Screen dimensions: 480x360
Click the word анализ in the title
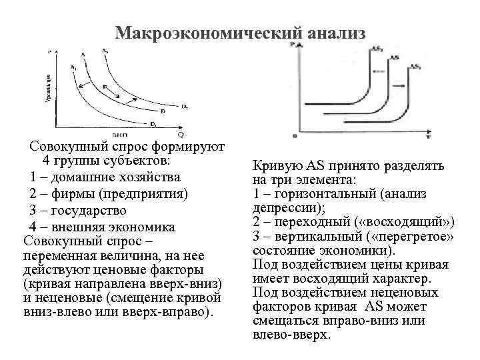coord(336,33)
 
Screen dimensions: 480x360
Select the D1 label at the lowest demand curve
coord(153,124)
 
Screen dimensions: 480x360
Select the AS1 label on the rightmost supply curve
coord(415,67)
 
